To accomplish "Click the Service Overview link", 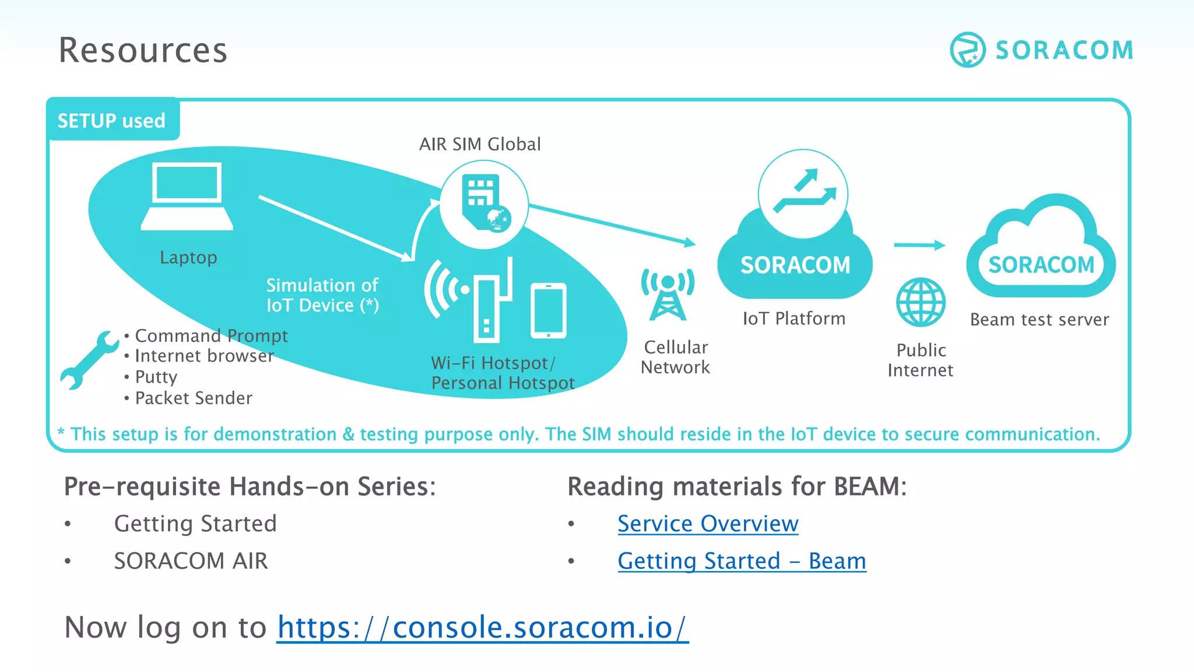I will tap(708, 524).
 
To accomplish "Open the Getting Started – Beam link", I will tap(742, 561).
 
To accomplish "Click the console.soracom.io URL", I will tap(482, 628).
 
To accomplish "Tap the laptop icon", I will tap(187, 196).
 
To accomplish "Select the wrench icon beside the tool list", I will tap(89, 360).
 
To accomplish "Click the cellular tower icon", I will tap(668, 295).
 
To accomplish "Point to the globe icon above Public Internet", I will tap(921, 302).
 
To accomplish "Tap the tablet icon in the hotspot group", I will tap(548, 310).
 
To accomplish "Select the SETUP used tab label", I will tap(112, 121).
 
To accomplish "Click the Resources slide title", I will tap(143, 50).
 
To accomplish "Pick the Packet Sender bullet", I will tap(194, 398).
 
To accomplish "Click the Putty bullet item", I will tap(156, 377).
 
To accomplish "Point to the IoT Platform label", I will tap(793, 318).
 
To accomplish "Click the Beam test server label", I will tap(1040, 320).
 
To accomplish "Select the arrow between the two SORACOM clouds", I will tap(919, 245).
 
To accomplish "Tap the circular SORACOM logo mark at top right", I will tap(967, 50).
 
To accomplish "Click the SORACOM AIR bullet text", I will tap(191, 561).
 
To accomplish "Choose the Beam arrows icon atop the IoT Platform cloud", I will tap(803, 193).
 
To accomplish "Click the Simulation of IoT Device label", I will tap(322, 295).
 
